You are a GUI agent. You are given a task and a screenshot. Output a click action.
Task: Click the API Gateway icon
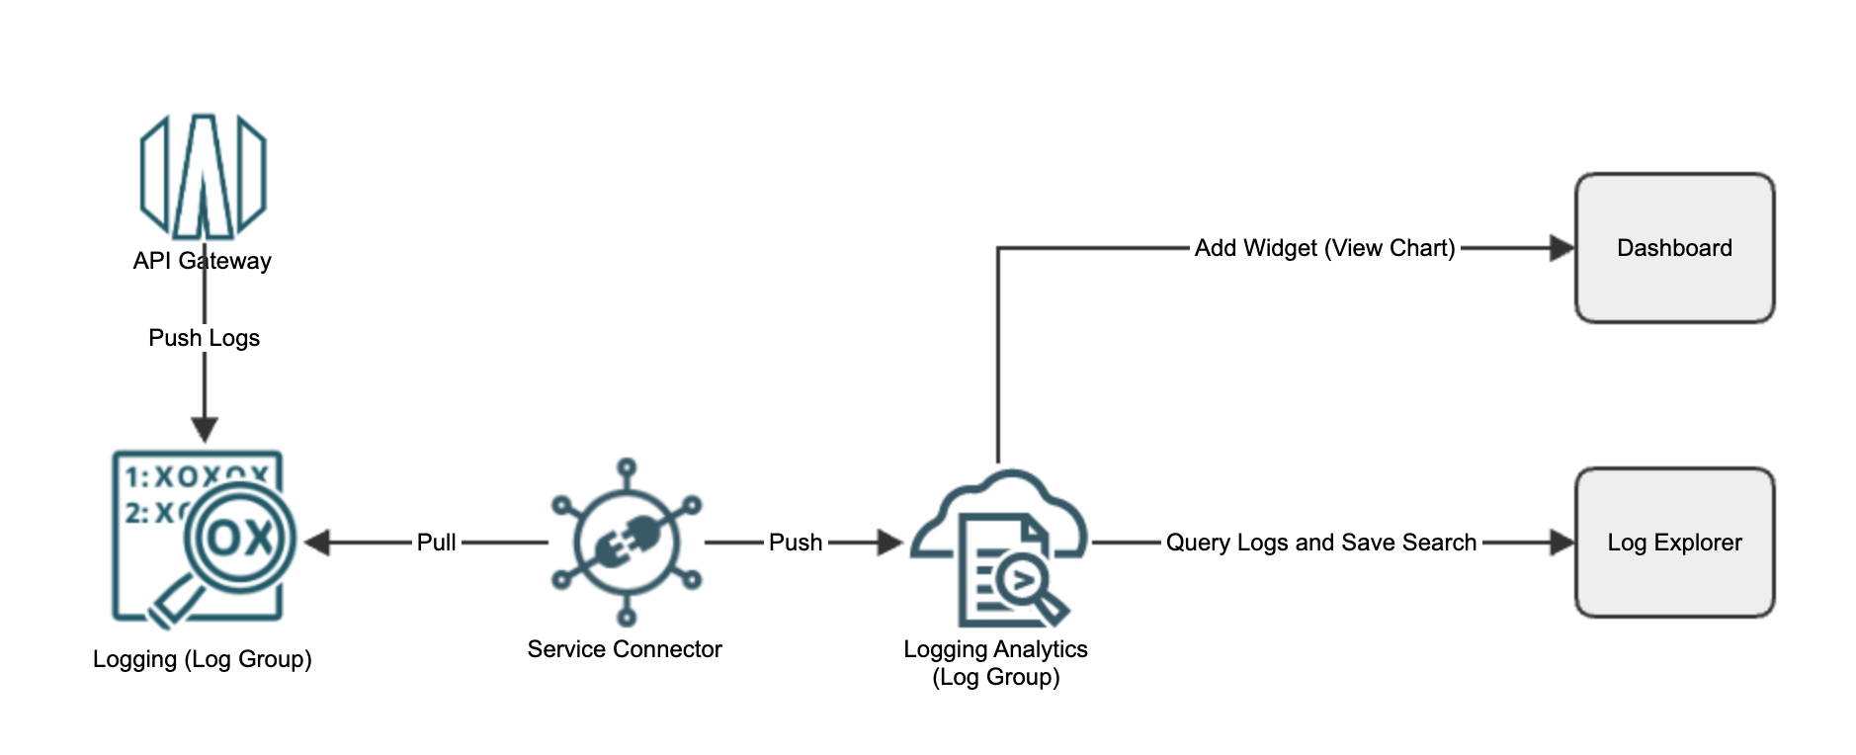click(x=204, y=176)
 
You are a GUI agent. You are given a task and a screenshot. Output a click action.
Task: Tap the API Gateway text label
click(x=203, y=261)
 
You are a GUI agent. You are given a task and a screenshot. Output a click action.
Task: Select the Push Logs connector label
click(x=204, y=338)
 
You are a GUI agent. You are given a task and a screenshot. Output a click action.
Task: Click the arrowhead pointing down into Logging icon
click(x=205, y=429)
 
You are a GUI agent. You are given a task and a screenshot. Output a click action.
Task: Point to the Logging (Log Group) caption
click(x=203, y=659)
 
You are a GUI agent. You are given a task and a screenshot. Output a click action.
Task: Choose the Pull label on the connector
click(x=436, y=543)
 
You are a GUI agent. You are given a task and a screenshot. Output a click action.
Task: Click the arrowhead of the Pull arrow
click(x=317, y=543)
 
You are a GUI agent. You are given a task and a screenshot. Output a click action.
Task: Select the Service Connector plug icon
click(x=626, y=543)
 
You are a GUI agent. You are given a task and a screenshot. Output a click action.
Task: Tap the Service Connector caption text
click(x=625, y=649)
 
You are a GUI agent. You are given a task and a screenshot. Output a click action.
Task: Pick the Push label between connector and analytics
click(x=796, y=543)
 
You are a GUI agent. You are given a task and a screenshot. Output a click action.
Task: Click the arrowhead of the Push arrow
click(x=890, y=543)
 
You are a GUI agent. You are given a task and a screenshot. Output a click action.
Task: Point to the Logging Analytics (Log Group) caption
click(x=995, y=663)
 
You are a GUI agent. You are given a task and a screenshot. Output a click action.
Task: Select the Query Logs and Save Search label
click(x=1321, y=543)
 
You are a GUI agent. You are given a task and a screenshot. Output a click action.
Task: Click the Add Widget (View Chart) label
click(x=1324, y=248)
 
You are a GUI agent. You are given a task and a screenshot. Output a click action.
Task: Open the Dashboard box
click(x=1674, y=248)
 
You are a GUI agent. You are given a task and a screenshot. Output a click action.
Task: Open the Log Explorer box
click(x=1674, y=543)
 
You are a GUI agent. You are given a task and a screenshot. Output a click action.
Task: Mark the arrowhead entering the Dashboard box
click(x=1561, y=248)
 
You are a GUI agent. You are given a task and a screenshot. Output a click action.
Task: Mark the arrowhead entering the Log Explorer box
click(x=1561, y=543)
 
